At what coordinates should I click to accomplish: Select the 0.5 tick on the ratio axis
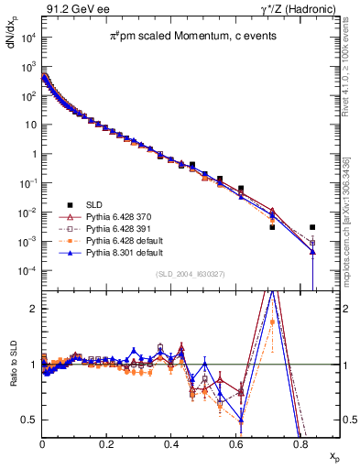click(x=32, y=420)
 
